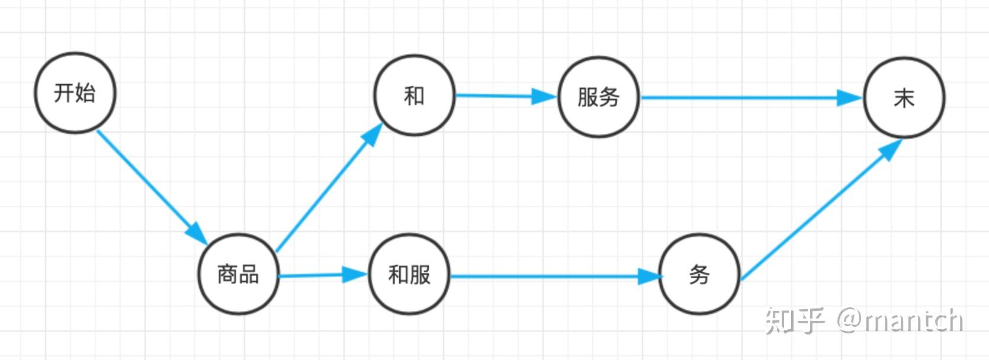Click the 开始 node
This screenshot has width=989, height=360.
coord(75,93)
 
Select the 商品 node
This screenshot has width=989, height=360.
coord(238,274)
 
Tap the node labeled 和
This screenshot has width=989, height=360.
coord(414,95)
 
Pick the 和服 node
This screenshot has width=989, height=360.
coord(409,275)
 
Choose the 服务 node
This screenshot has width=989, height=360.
coord(599,97)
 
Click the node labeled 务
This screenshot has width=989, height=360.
coord(699,275)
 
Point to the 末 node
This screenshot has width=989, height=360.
coord(904,98)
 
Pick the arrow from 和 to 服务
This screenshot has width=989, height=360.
coord(497,95)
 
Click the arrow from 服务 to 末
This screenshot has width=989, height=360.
coord(740,98)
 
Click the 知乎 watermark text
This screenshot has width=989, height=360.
coord(794,320)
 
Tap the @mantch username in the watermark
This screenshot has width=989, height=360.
coord(900,320)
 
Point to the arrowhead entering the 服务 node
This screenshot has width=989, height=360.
coord(544,97)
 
